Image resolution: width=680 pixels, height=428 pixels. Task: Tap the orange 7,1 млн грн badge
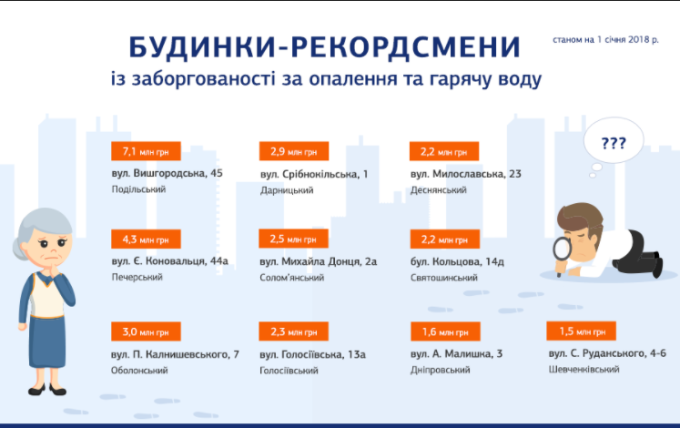pyautogui.click(x=145, y=151)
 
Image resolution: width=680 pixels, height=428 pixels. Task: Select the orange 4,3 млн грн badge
pyautogui.click(x=145, y=239)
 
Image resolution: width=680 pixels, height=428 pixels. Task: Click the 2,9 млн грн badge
pyautogui.click(x=293, y=151)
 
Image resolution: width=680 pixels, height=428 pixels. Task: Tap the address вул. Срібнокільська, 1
pyautogui.click(x=314, y=173)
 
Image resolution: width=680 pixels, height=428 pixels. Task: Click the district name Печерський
pyautogui.click(x=137, y=277)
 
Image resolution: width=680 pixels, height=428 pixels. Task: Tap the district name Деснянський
pyautogui.click(x=439, y=189)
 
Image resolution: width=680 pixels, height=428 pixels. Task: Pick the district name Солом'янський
pyautogui.click(x=292, y=277)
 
